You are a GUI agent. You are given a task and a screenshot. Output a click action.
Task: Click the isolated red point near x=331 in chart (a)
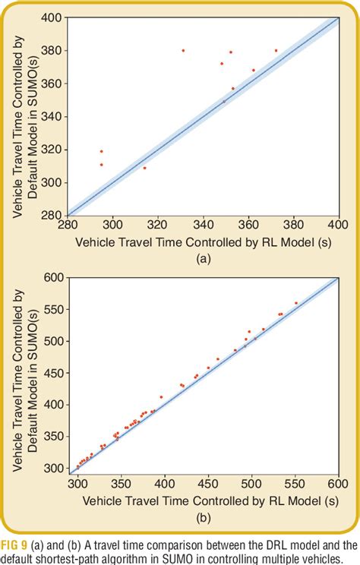pos(183,50)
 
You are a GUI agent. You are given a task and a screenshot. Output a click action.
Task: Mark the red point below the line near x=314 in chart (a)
pos(144,168)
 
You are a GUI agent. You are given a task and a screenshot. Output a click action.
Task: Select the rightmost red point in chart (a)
pos(276,50)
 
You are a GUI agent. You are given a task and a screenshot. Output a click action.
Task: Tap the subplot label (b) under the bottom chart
pos(203,519)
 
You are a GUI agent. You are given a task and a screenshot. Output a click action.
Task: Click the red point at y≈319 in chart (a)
pos(101,151)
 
